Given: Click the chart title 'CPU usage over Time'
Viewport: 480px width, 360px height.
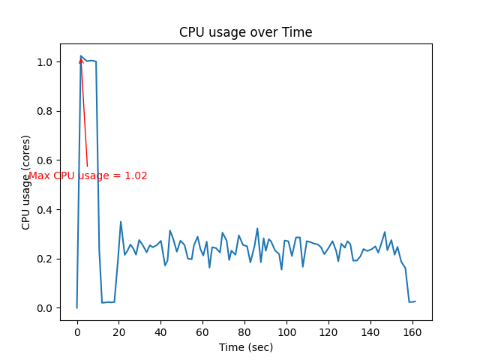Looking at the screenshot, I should pos(245,32).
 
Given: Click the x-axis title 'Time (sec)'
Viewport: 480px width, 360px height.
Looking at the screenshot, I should pos(245,347).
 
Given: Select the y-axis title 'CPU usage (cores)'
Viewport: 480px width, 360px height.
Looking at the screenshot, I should pos(26,182).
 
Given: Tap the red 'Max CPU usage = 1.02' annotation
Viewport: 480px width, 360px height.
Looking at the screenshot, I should pos(88,175).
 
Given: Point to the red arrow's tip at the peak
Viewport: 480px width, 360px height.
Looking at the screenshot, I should pos(80,58).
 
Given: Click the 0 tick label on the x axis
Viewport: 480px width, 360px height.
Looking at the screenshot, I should pos(76,332).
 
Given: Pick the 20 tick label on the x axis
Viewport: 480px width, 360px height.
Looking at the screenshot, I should pos(118,332).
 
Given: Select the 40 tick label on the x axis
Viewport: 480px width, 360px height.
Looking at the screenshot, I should pos(160,332).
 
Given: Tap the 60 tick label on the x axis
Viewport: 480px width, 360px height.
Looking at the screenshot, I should pos(202,332).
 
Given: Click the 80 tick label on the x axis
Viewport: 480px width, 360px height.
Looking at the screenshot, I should pos(244,332).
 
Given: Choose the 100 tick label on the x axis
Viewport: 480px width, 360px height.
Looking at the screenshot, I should pos(286,332).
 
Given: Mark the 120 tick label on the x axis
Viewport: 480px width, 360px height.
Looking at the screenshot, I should pos(328,332).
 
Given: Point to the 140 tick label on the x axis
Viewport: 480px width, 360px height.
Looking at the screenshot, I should pos(370,332).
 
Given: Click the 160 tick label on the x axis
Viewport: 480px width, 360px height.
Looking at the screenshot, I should pos(412,332).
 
